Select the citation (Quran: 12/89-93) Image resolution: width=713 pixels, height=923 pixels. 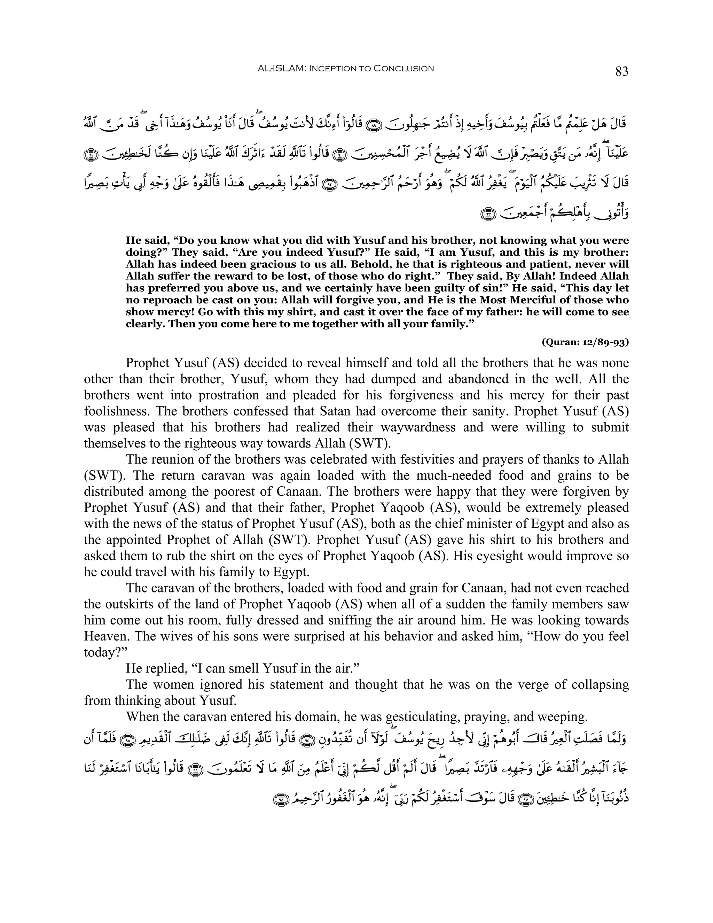point(585,342)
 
